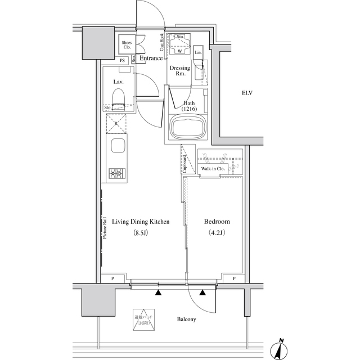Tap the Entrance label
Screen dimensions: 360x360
[151, 58]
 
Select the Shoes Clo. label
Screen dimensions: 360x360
[127, 45]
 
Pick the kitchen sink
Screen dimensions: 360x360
[118, 148]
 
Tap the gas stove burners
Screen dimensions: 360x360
[118, 173]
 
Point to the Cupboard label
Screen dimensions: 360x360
[185, 163]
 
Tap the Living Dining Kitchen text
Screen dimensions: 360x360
[140, 222]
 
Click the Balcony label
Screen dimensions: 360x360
[186, 319]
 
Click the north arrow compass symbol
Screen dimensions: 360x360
[278, 349]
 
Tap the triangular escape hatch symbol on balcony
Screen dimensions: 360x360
[143, 319]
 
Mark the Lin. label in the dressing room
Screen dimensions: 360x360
[198, 53]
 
